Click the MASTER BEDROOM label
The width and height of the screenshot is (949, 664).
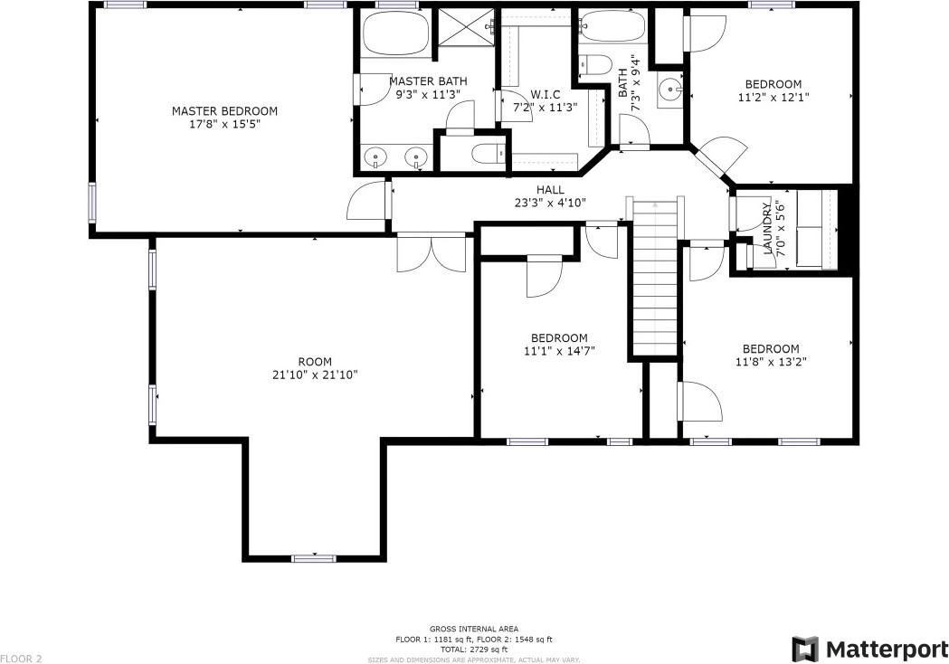pyautogui.click(x=224, y=111)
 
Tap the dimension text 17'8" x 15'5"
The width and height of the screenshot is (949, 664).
pyautogui.click(x=224, y=125)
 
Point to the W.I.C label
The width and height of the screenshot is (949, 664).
pyautogui.click(x=546, y=94)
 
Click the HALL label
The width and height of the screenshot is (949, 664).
pyautogui.click(x=550, y=190)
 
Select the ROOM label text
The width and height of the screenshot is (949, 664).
pyautogui.click(x=315, y=362)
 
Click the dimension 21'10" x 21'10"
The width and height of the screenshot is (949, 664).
pyautogui.click(x=315, y=375)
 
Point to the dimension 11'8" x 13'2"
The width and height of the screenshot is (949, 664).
pyautogui.click(x=771, y=362)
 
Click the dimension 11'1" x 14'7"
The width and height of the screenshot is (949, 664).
pyautogui.click(x=559, y=351)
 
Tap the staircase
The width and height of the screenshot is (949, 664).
pyautogui.click(x=655, y=280)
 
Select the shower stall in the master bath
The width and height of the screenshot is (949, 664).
pyautogui.click(x=465, y=34)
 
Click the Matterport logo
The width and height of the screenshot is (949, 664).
pyautogui.click(x=869, y=649)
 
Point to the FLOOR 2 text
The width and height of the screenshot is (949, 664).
pyautogui.click(x=22, y=658)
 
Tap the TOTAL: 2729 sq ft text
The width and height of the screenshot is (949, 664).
pyautogui.click(x=473, y=650)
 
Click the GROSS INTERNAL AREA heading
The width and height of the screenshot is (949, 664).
pyautogui.click(x=473, y=628)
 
